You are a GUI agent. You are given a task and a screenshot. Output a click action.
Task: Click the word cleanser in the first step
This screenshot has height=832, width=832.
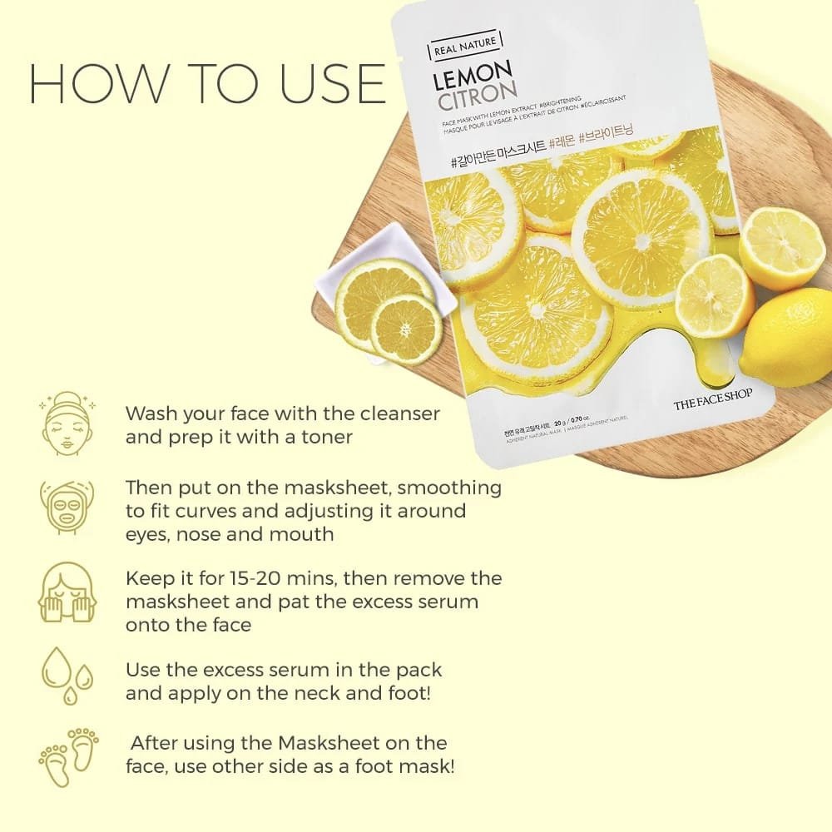click(403, 414)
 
